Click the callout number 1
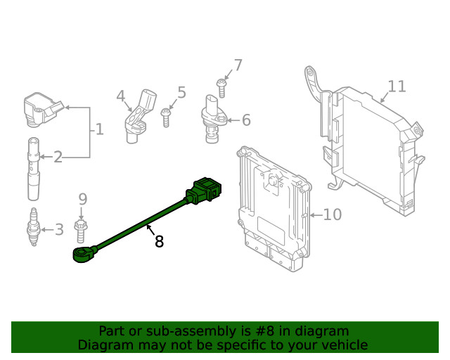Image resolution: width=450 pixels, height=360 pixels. [99, 129]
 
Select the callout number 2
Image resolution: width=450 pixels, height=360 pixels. [58, 157]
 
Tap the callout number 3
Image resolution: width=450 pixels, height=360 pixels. [59, 229]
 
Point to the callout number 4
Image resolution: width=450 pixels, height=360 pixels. [120, 96]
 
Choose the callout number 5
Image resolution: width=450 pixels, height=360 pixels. [181, 92]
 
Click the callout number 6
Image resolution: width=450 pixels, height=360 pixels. [246, 120]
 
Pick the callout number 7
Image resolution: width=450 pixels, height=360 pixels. [238, 65]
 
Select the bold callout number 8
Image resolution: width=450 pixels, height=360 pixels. [159, 242]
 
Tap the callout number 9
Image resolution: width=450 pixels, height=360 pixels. [82, 200]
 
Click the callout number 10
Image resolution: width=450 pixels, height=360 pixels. [332, 214]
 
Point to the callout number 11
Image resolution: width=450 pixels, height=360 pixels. [397, 86]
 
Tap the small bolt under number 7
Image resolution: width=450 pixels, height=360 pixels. [221, 88]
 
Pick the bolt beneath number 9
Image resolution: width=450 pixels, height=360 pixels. [82, 228]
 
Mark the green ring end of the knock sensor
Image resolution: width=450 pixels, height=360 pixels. [82, 253]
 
